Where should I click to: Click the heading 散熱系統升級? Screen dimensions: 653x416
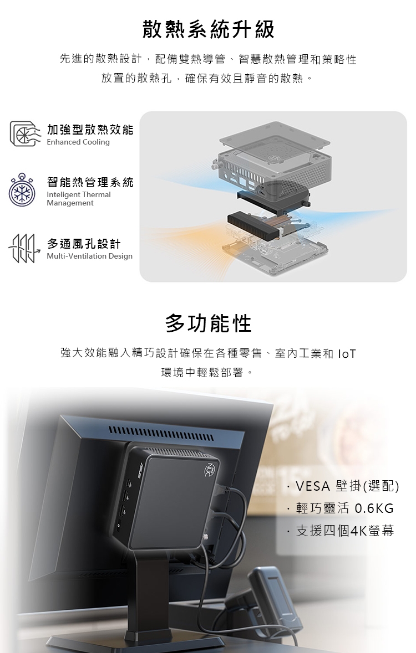(x=208, y=29)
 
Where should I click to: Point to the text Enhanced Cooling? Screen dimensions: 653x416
(x=78, y=142)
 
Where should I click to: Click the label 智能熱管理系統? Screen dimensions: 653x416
(x=90, y=182)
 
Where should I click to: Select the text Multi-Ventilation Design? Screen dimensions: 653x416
(x=89, y=256)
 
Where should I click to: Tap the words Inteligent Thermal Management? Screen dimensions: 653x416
(x=78, y=199)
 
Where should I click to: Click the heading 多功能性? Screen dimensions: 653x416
(x=208, y=323)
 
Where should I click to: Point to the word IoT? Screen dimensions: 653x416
(x=347, y=353)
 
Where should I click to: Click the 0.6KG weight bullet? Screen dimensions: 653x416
(x=344, y=508)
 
